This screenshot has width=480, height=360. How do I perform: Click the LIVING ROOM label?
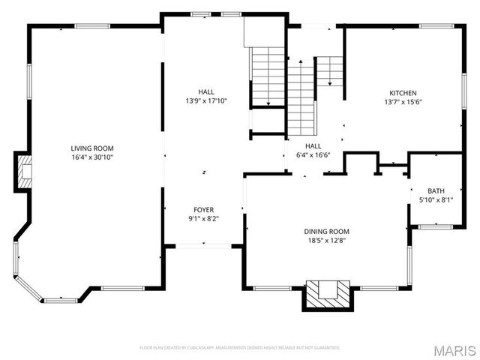pos(92,148)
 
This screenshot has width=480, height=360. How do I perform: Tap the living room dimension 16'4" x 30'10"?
pos(92,157)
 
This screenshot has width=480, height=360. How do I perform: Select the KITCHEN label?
pos(403,93)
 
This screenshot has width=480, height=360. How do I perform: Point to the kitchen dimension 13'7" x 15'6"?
pos(403,102)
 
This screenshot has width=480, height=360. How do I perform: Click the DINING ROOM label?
pos(326,232)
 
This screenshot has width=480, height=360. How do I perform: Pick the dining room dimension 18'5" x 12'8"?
pos(326,241)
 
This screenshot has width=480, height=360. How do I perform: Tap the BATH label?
pos(436,190)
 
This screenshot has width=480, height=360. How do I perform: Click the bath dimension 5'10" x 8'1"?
pos(436,199)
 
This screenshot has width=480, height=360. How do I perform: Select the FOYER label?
pos(203,210)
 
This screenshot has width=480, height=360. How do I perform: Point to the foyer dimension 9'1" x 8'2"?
pos(203,219)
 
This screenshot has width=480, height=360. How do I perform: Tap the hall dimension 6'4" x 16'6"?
pos(313,155)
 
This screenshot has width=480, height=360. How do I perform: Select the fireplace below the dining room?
pos(327,294)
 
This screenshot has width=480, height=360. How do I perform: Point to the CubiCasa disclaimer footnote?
pos(239,348)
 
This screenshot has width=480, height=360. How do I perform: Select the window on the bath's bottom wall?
pos(435,226)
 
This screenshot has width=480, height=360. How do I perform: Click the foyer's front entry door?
pos(203,245)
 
